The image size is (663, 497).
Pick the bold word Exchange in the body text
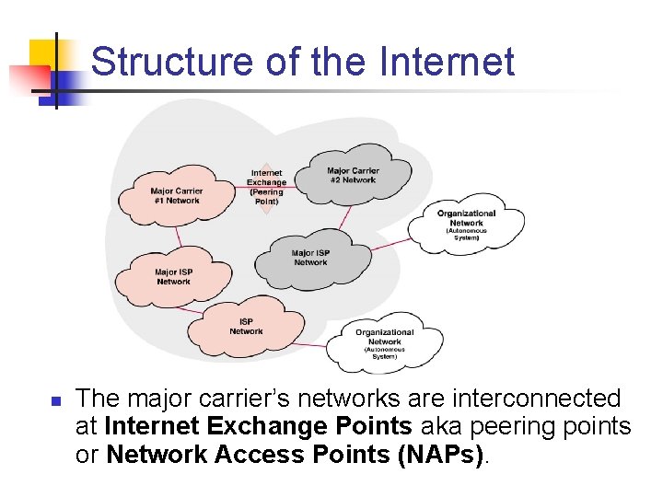point(267,426)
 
